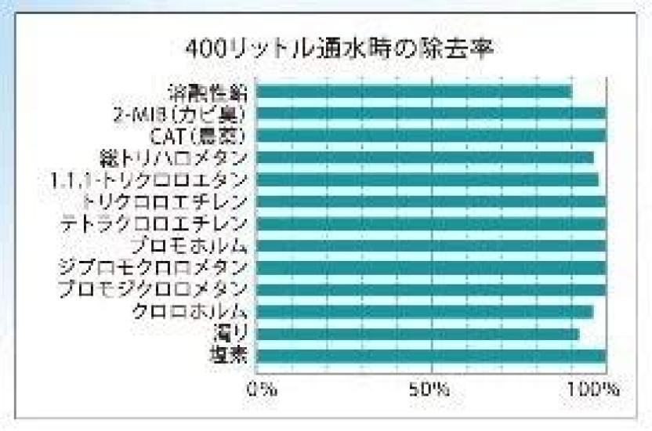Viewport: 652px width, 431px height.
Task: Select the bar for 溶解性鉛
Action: click(x=414, y=92)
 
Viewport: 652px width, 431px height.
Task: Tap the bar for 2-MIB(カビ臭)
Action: click(x=431, y=114)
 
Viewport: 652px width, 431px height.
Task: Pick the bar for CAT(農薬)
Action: click(x=431, y=136)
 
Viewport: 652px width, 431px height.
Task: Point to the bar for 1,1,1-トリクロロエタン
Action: click(x=427, y=179)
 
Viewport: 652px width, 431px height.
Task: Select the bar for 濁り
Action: click(x=418, y=334)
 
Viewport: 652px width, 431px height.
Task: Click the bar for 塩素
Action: click(x=431, y=356)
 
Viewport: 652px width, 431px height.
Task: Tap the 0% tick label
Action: click(x=261, y=389)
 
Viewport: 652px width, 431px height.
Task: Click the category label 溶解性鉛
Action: click(x=209, y=92)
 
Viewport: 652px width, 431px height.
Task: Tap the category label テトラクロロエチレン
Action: click(x=155, y=224)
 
